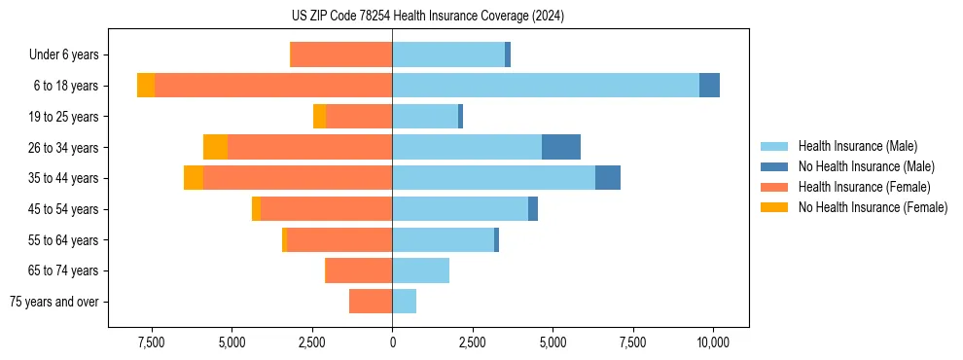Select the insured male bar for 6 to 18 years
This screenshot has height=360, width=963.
[x=546, y=86]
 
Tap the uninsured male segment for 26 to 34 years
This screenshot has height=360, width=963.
[x=561, y=147]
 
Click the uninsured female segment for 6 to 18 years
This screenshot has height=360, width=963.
[x=146, y=86]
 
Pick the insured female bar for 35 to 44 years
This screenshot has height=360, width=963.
[x=298, y=178]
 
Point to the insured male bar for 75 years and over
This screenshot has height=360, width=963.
[x=405, y=302]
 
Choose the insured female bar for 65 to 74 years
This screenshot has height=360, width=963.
[x=359, y=270]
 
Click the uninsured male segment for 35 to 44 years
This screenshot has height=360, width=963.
[x=608, y=178]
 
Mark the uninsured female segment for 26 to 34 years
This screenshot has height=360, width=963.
[x=215, y=147]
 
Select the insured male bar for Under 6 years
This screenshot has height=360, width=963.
[x=448, y=54]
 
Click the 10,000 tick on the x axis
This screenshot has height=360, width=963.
[x=714, y=342]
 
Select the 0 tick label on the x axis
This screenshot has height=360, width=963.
[x=393, y=342]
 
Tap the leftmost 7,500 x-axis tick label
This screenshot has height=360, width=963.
[x=152, y=342]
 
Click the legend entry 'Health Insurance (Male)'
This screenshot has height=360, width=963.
[x=857, y=146]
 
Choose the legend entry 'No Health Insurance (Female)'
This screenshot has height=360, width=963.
[x=873, y=207]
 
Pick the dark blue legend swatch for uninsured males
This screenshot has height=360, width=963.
[x=775, y=166]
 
